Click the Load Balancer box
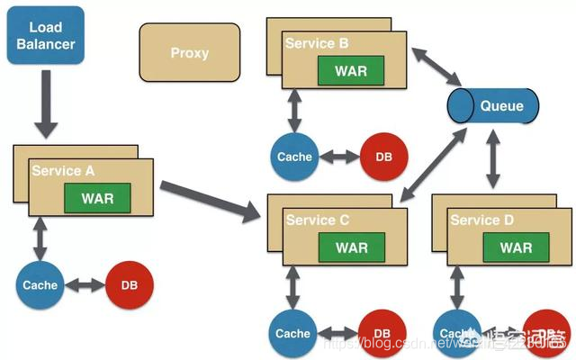(45, 36)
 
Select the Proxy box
(189, 52)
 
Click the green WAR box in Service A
(97, 198)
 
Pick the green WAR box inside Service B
(351, 70)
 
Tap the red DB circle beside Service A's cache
(130, 285)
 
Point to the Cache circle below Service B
(294, 157)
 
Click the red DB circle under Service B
(383, 157)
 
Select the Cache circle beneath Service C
(292, 334)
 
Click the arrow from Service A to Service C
(214, 200)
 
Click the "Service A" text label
(63, 171)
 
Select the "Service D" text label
(481, 220)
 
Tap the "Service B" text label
(317, 43)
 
